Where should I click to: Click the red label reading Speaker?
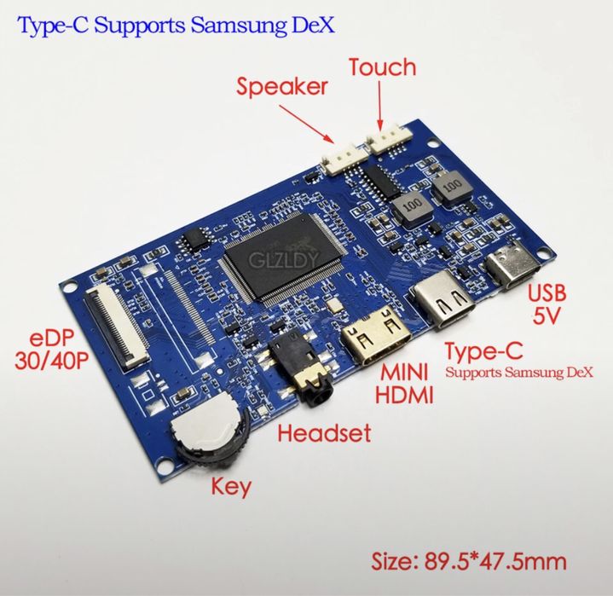[x=281, y=87]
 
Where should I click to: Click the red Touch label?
[x=382, y=67]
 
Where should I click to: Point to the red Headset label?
[x=324, y=433]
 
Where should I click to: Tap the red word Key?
[x=231, y=487]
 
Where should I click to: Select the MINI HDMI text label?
[x=404, y=383]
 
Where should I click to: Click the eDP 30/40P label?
[x=51, y=349]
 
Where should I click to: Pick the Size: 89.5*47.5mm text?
[x=469, y=562]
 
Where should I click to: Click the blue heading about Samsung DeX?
[x=176, y=26]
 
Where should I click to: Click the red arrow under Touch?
[x=380, y=105]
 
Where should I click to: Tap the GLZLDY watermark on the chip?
[x=284, y=259]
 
